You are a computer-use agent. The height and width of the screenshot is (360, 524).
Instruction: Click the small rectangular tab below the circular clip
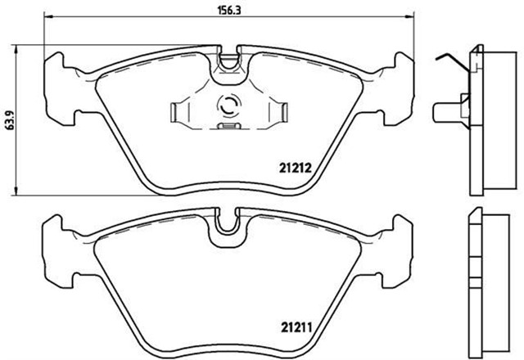coord(228,127)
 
